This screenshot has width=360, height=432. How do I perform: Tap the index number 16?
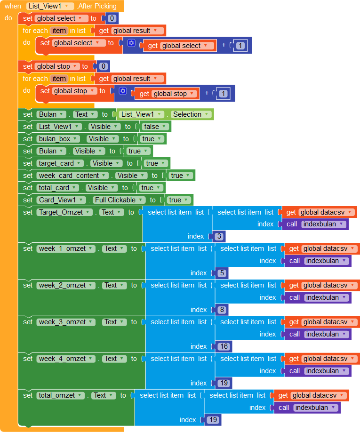(223, 346)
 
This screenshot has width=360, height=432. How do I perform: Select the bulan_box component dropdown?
(59, 139)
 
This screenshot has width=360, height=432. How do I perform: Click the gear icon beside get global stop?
(123, 91)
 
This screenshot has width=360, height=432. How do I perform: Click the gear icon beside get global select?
(131, 43)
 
